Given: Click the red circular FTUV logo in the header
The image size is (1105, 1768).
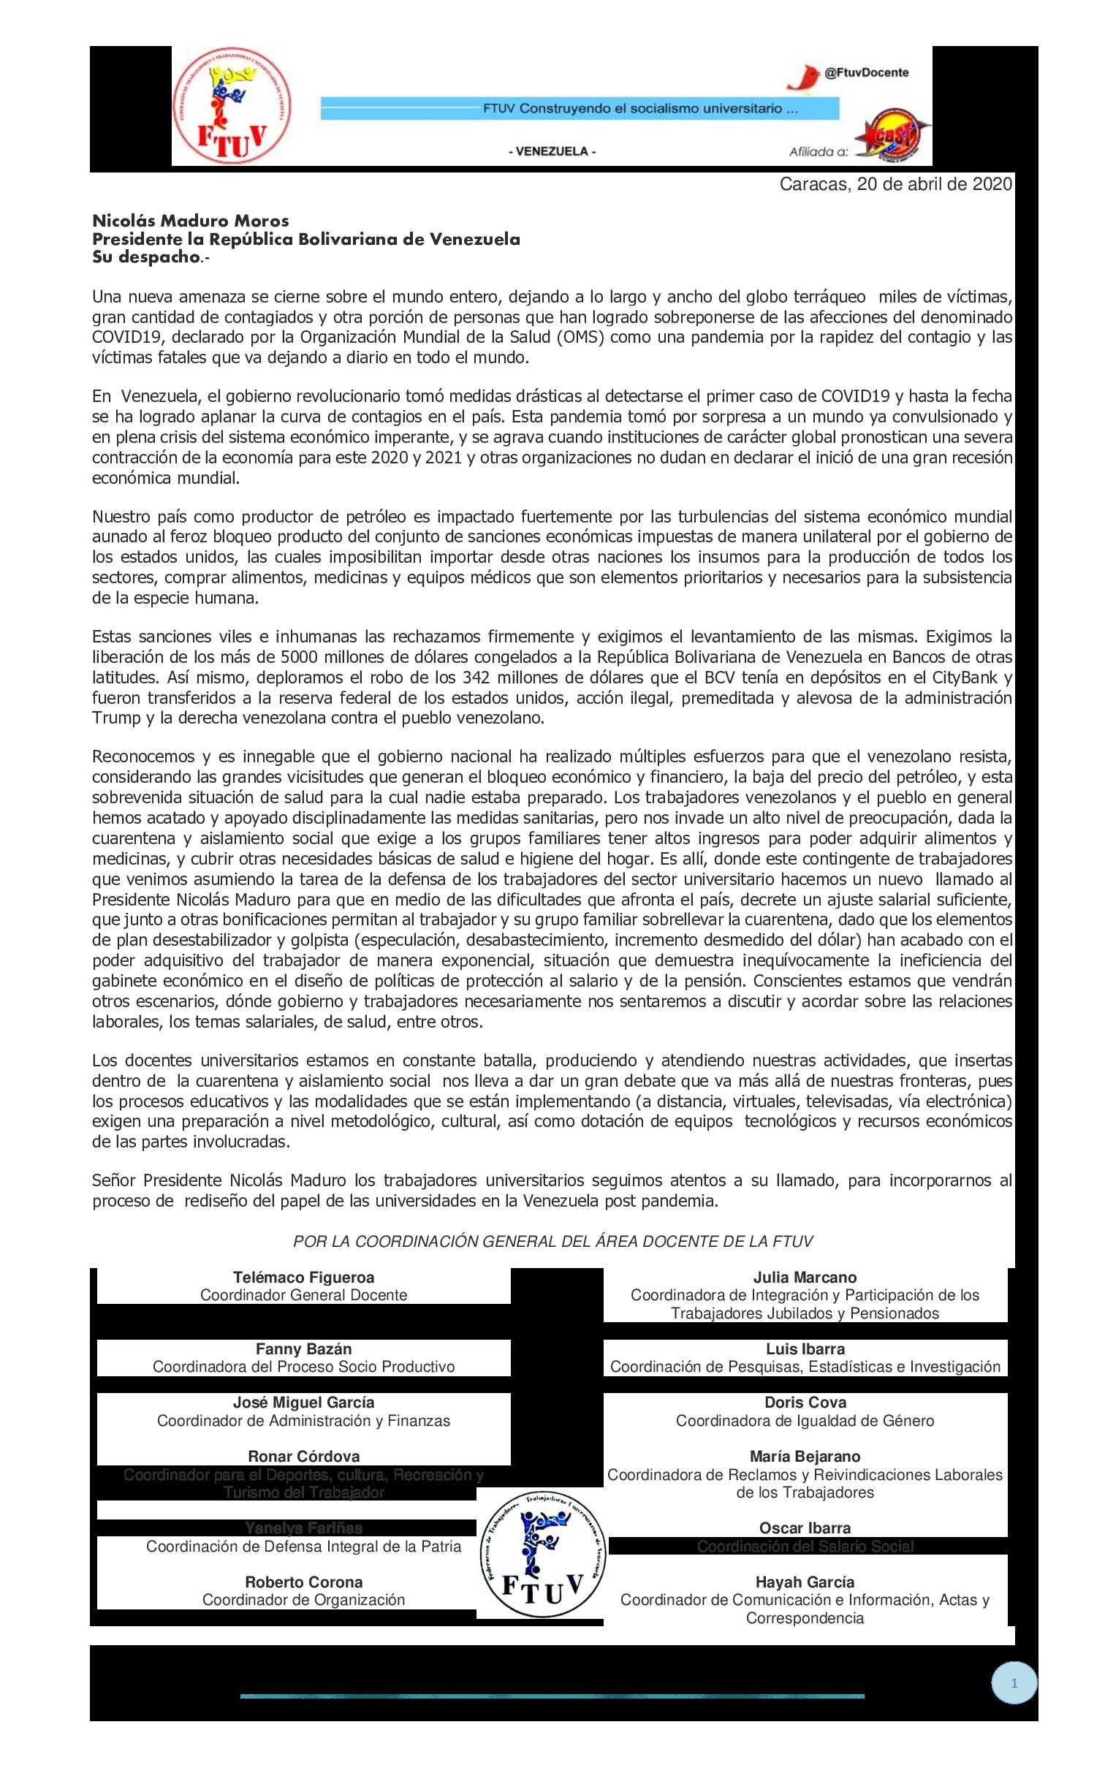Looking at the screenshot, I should pos(230,107).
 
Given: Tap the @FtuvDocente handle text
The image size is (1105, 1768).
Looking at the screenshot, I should pos(866,72).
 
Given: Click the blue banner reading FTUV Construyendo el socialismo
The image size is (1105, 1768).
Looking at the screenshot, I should pos(579,109).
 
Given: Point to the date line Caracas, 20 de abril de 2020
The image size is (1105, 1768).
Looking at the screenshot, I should pos(895,184).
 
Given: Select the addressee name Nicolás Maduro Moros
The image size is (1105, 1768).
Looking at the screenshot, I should pos(190,221).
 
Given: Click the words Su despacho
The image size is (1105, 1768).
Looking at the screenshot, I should pos(146,257).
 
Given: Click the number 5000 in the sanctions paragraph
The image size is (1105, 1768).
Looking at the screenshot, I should pos(300,657).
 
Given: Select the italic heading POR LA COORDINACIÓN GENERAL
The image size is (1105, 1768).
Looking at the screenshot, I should pos(552,1241).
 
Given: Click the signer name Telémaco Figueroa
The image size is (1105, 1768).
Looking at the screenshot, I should pos(303,1278).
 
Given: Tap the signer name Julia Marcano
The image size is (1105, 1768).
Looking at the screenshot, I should pos(805,1278).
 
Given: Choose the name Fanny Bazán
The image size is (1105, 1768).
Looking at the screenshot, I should pos(303,1349).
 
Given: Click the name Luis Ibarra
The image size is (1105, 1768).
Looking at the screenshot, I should pos(805,1349).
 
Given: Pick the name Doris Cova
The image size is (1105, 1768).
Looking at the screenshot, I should pos(805,1403).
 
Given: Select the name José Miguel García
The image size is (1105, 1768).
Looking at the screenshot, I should pos(303,1403).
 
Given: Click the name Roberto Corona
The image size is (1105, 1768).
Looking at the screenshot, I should pos(303,1582).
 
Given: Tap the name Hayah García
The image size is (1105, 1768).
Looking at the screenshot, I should pos(805,1582).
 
